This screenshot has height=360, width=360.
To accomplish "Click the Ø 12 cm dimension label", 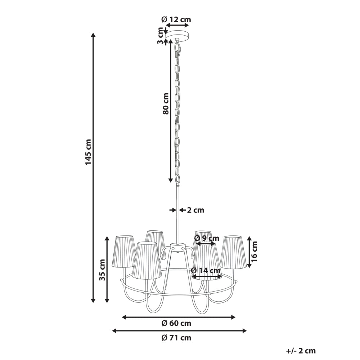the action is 176,19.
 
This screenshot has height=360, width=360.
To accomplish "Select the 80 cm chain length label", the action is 166,103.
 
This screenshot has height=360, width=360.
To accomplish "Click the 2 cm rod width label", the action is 195,210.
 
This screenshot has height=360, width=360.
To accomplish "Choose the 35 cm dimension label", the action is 102,270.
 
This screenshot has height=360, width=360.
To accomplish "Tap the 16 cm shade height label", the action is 254,252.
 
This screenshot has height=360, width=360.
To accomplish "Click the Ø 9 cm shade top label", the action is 207,238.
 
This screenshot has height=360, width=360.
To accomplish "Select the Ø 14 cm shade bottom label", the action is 206,271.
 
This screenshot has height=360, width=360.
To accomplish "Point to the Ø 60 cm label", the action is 176,323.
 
